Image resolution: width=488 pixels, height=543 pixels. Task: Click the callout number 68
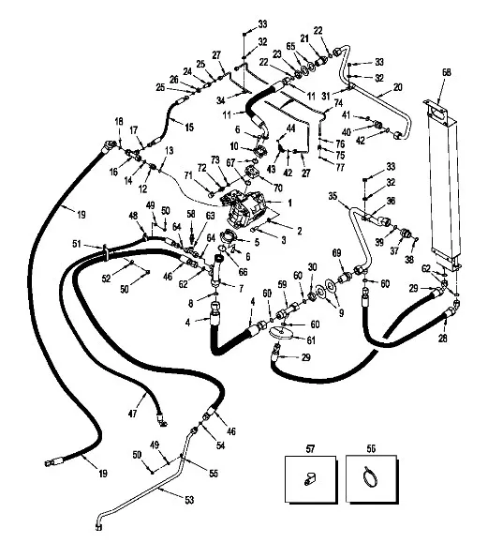[447, 72]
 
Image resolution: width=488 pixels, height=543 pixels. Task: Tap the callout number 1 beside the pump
[289, 203]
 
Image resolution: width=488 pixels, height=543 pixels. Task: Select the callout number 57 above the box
[310, 449]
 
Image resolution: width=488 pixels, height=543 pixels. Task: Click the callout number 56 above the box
[371, 449]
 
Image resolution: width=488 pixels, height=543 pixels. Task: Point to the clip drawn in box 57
[310, 479]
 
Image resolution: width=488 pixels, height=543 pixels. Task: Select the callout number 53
[189, 500]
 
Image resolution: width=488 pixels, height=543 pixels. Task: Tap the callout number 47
[132, 414]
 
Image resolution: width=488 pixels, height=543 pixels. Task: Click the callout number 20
[398, 87]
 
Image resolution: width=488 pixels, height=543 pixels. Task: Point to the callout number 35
[333, 196]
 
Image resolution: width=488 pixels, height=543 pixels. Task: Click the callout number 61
[311, 340]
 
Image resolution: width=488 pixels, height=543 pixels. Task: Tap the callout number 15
[189, 128]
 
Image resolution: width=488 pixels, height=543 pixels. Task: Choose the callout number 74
[338, 103]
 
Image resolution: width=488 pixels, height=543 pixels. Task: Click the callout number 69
[336, 252]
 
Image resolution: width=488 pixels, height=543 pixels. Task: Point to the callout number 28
[443, 338]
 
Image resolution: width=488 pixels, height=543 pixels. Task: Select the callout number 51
[77, 244]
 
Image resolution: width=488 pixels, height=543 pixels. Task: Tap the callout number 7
[241, 288]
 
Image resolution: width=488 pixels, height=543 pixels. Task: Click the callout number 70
[278, 188]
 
